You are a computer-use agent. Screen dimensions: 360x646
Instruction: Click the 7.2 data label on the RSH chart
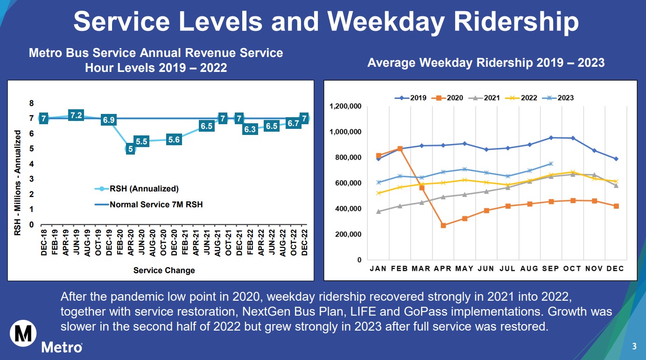pos(76,115)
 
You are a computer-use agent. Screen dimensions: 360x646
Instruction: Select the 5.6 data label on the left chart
pos(174,140)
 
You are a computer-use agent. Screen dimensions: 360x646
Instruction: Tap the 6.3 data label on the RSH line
pos(250,129)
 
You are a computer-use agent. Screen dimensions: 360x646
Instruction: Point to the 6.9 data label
pos(109,120)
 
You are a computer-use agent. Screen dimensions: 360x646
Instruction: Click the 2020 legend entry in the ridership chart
pos(450,98)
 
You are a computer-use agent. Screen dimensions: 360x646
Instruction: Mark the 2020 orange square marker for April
pos(443,226)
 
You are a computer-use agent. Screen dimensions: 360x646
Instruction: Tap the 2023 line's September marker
pos(551,163)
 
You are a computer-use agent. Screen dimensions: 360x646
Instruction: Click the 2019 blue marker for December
pos(616,159)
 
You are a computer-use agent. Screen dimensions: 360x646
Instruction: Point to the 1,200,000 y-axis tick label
pos(345,106)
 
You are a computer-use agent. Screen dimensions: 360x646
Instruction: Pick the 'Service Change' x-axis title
pos(164,270)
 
